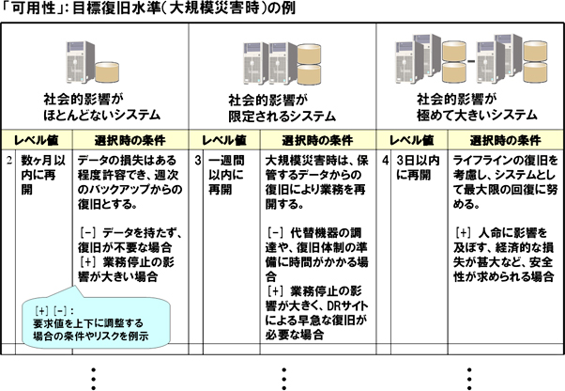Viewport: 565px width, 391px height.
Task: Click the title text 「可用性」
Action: tap(28, 11)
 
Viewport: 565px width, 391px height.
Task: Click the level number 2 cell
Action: tap(8, 161)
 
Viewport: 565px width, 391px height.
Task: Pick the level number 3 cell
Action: tap(198, 161)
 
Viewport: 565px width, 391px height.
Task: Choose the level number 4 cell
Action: tap(385, 161)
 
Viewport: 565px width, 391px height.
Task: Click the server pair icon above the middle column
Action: tap(282, 58)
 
